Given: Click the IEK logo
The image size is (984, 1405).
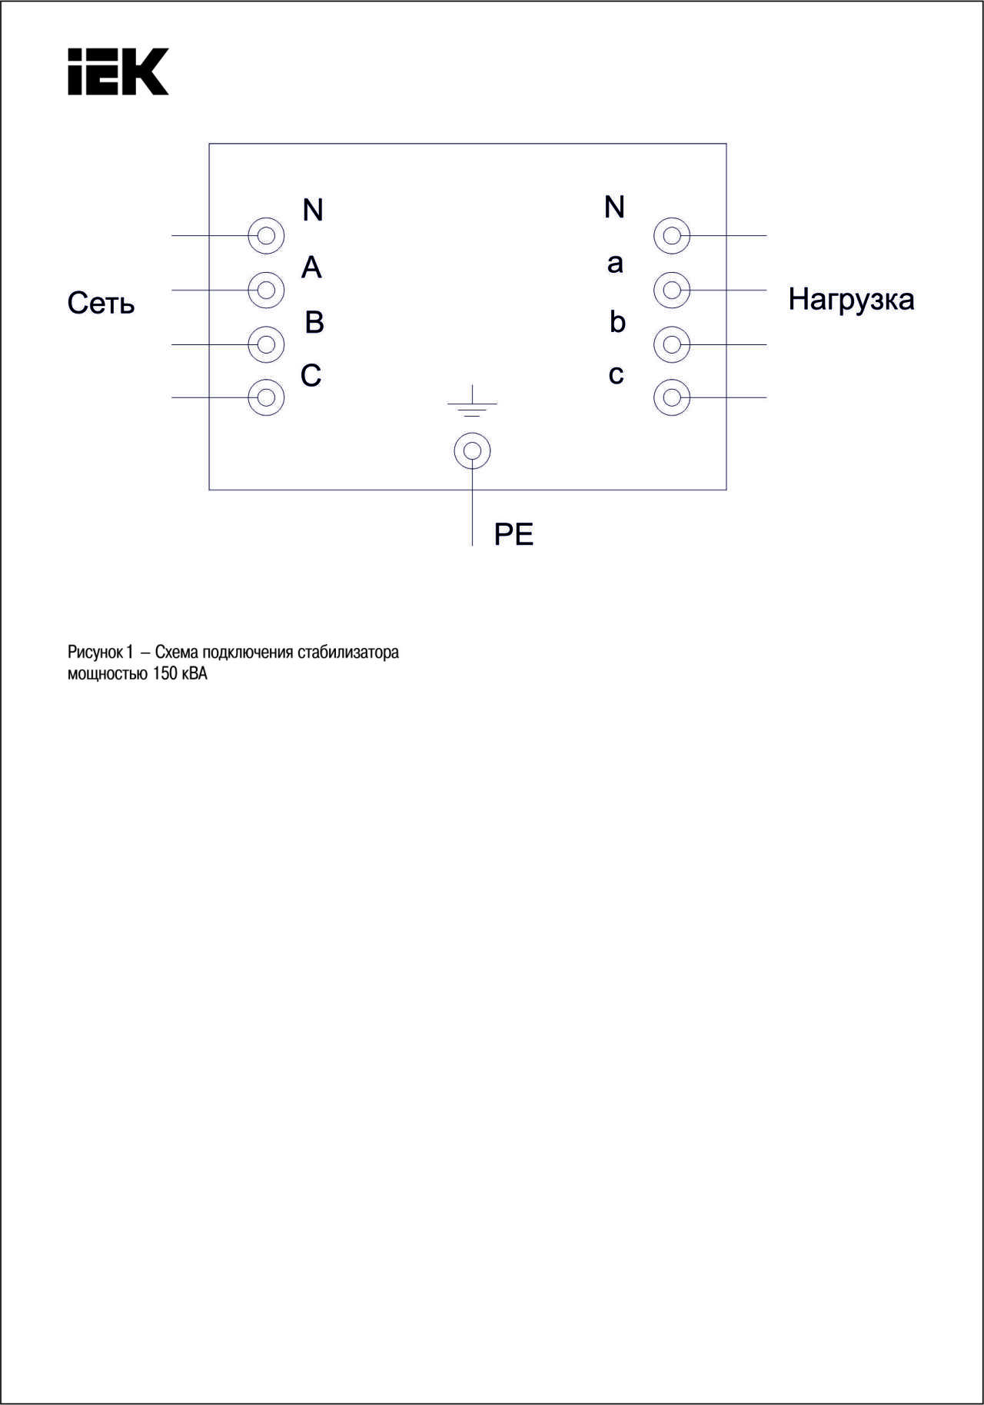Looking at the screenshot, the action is coord(118,71).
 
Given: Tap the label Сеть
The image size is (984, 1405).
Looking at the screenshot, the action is coord(101,303).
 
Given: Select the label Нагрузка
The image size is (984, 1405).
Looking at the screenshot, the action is coord(851,300).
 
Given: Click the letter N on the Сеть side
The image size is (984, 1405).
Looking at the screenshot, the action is coord(313,210).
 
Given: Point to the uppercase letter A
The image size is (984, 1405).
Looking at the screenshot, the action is coord(311,267).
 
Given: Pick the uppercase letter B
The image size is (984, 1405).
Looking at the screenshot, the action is coord(314,322).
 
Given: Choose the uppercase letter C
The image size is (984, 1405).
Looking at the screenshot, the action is coord(311,375).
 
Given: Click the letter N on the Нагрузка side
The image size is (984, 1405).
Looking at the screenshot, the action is coord(614,207).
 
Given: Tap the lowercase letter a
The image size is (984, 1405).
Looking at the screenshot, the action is coord(615,264).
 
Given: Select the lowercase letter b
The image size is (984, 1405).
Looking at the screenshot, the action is coord(617,321).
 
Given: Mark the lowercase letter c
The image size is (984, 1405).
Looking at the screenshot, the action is coord(616,374).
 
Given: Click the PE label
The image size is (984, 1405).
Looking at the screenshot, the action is coord(514,534).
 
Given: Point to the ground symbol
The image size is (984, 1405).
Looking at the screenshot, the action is coord(472,401).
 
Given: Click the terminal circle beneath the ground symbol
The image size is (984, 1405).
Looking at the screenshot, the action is coord(472,433).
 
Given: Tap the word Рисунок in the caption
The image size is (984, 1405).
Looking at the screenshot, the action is coord(95,653).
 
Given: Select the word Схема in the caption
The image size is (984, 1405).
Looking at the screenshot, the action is coord(177,653).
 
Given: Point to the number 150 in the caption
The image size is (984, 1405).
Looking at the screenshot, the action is coord(165,674).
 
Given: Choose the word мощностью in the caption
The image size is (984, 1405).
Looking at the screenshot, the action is coord(108,675).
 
